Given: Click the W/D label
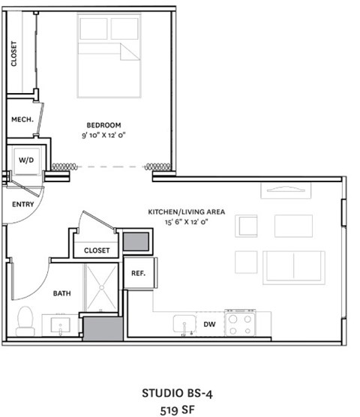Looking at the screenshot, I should tap(25, 159).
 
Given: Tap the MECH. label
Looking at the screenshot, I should tap(20, 120).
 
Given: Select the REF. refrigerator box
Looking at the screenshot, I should tap(138, 274).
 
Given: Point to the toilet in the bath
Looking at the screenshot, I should tap(25, 320).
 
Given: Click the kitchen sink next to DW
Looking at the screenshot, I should tap(184, 324).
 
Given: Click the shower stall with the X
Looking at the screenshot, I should tap(100, 286).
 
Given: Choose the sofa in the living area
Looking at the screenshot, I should tap(293, 267).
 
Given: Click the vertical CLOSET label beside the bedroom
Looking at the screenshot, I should tap(13, 52).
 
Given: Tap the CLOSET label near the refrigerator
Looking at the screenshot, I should tap(97, 250).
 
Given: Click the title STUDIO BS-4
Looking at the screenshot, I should tap(180, 392).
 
